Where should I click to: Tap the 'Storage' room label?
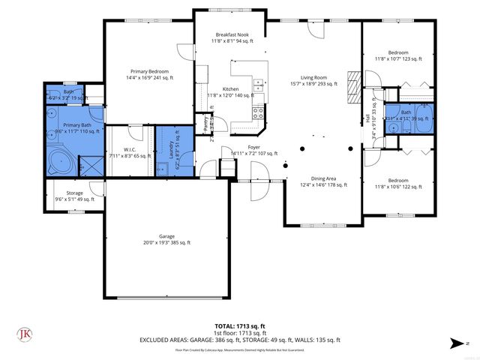coord(74,193)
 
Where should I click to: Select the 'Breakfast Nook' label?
coord(232,35)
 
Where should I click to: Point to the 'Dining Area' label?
coord(324,178)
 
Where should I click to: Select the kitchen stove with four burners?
coord(258,113)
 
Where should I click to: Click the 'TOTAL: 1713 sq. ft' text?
coord(240,325)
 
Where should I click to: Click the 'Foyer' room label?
coord(255,148)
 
